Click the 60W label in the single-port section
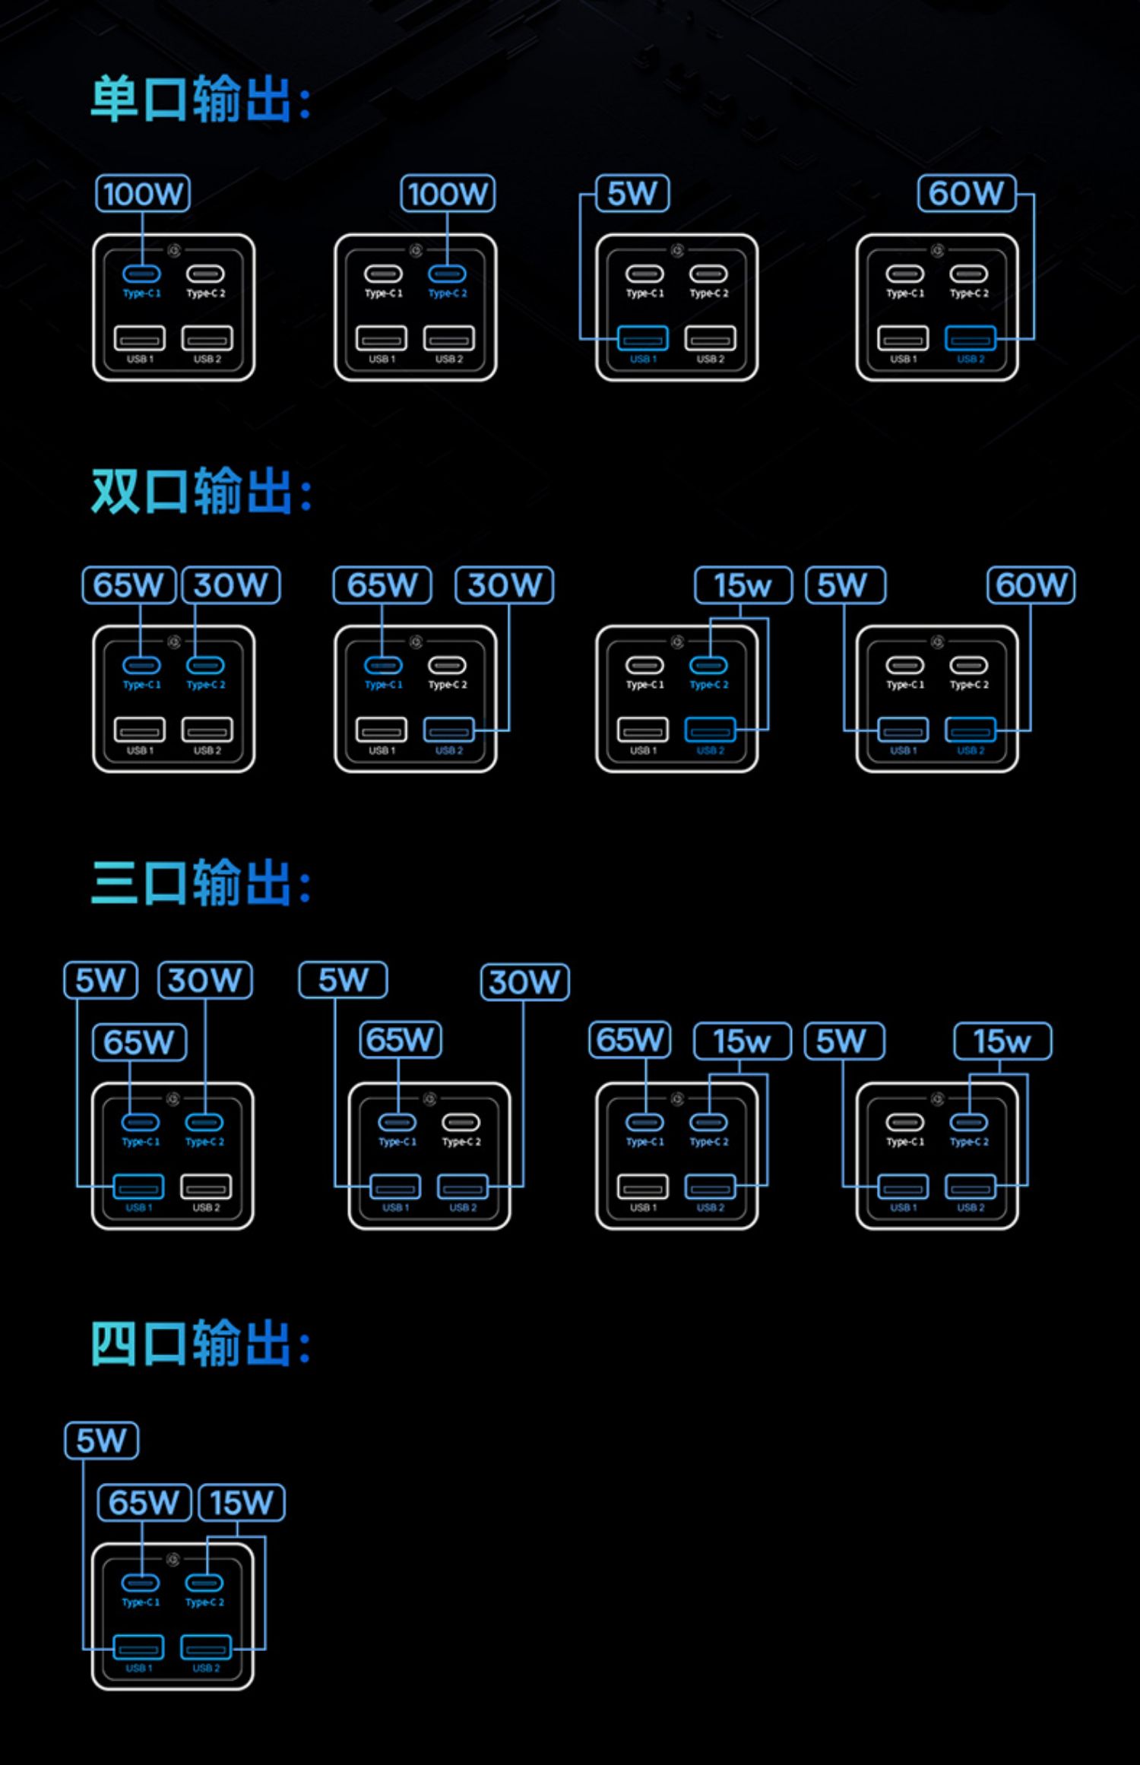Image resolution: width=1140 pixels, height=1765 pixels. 966,194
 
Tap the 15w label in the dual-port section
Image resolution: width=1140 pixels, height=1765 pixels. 743,586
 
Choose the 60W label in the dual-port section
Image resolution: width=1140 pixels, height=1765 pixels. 1031,586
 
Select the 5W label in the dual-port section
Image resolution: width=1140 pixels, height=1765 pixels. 844,586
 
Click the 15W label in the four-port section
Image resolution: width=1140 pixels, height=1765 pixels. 242,1503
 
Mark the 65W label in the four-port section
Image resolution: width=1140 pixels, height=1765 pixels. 144,1503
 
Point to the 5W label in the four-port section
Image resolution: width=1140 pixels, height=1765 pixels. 102,1440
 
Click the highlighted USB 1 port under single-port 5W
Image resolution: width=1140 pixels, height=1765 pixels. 643,338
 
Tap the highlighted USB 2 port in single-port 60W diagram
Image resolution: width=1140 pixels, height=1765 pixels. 971,338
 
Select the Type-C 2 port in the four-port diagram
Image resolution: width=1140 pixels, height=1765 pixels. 204,1583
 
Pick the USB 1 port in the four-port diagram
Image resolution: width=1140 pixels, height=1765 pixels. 138,1647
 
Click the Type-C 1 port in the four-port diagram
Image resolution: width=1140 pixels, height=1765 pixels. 141,1583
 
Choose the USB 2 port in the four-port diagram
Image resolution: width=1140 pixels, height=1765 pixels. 206,1647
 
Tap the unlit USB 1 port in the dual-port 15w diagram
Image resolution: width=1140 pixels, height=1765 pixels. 643,730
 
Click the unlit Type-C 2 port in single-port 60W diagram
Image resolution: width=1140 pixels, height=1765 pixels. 969,274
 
